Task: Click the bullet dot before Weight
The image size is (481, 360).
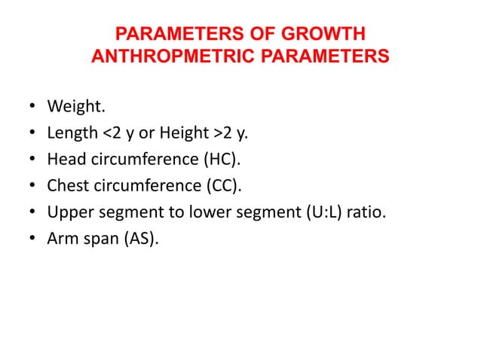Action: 32,110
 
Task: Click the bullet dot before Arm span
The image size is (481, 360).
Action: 32,237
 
